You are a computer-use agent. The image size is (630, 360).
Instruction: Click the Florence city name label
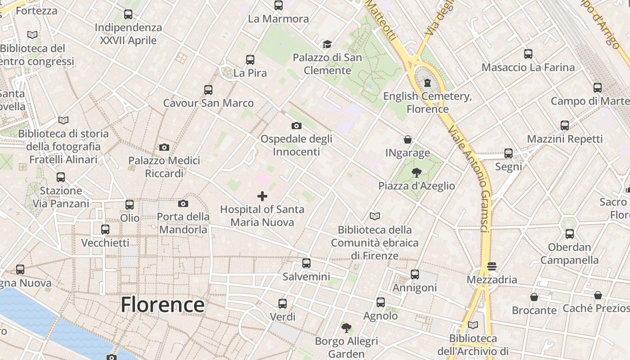coord(162,305)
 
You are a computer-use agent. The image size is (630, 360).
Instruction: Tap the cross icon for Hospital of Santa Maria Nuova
coord(262,196)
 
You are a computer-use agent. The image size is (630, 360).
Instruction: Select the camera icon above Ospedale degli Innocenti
coord(296,126)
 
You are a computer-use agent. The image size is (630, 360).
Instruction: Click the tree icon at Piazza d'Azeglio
coord(416,172)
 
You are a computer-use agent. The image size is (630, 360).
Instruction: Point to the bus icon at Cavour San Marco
coord(208,90)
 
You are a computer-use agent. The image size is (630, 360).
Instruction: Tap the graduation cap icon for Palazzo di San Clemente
coord(327,44)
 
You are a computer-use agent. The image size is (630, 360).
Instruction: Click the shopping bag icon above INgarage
coord(407,139)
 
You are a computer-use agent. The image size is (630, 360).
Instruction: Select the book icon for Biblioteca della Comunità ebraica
coord(374,216)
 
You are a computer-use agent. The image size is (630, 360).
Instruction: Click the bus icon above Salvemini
coord(306,263)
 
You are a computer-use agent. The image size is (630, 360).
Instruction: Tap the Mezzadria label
coord(492,280)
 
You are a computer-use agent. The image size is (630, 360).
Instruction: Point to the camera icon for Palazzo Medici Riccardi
coord(164,147)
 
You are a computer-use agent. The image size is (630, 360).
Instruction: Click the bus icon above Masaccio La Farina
coord(528,54)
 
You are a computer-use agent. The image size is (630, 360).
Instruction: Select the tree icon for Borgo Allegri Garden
coord(346,328)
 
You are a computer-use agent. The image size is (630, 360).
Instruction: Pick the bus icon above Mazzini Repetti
coord(564,126)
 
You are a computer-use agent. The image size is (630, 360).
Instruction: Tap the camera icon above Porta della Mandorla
coord(183,203)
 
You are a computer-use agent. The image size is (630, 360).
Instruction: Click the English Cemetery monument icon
coord(427,83)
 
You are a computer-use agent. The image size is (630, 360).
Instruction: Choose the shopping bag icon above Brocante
coord(534,297)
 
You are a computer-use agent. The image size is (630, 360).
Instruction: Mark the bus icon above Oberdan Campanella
coord(569,234)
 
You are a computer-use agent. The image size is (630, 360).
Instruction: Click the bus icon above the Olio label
coord(130,205)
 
